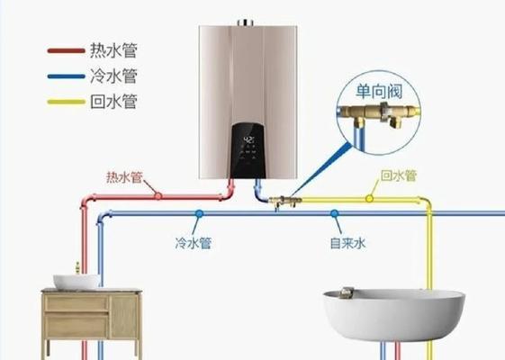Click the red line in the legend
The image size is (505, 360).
click(x=66, y=50)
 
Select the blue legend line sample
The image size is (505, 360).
click(x=66, y=76)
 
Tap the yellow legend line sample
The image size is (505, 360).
click(x=66, y=102)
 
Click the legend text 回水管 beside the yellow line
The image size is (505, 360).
click(x=113, y=102)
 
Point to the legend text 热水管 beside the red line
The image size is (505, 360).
click(x=113, y=50)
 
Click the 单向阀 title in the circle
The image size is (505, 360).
click(x=379, y=92)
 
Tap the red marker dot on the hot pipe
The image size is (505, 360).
click(x=158, y=196)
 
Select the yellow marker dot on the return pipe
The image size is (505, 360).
click(x=369, y=199)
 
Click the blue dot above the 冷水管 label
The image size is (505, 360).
click(x=199, y=213)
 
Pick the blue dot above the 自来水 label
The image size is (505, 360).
click(x=334, y=213)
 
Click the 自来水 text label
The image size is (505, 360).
click(x=347, y=243)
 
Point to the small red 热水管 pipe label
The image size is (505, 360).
click(x=124, y=177)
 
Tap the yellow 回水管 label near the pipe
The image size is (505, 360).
click(x=399, y=175)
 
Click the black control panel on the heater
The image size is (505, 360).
click(x=248, y=150)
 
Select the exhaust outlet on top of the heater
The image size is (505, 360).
click(x=246, y=22)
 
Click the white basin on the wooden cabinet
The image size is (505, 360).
click(x=77, y=282)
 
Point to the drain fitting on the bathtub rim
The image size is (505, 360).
click(x=347, y=292)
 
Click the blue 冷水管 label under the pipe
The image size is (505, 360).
click(x=194, y=243)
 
